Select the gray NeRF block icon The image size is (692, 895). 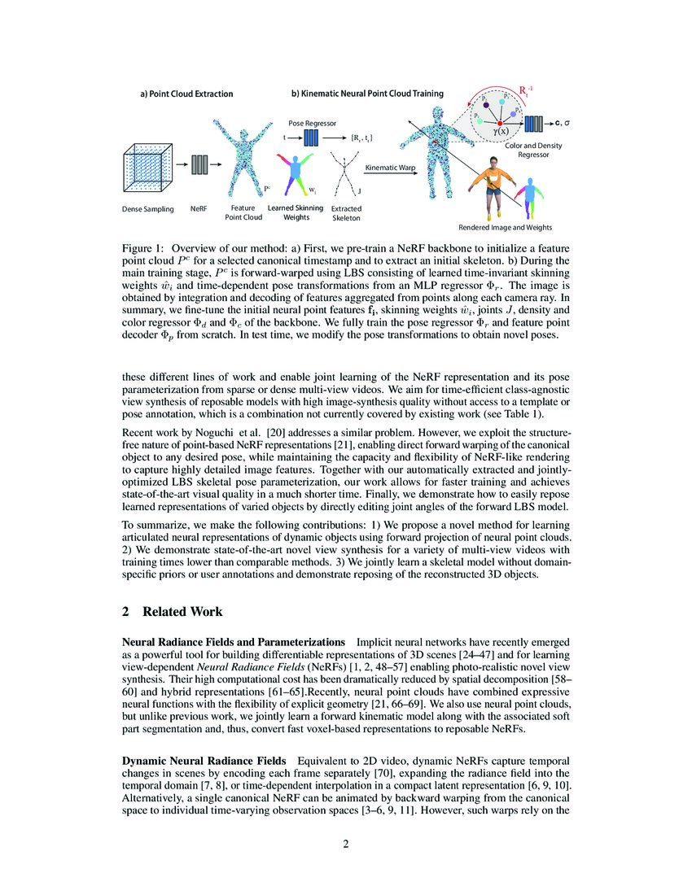(199, 164)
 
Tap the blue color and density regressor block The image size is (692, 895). (533, 124)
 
